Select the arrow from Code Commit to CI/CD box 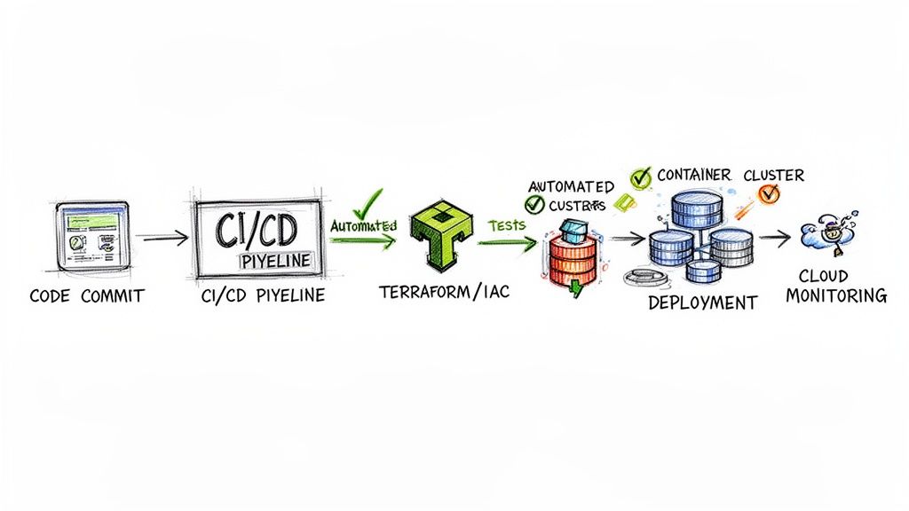pos(164,238)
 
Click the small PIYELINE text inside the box pos(277,261)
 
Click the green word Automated pos(363,225)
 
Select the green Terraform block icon pos(437,235)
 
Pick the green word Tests pos(507,225)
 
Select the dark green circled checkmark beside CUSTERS pos(534,205)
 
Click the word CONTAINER pos(693,176)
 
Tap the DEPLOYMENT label pos(702,302)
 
